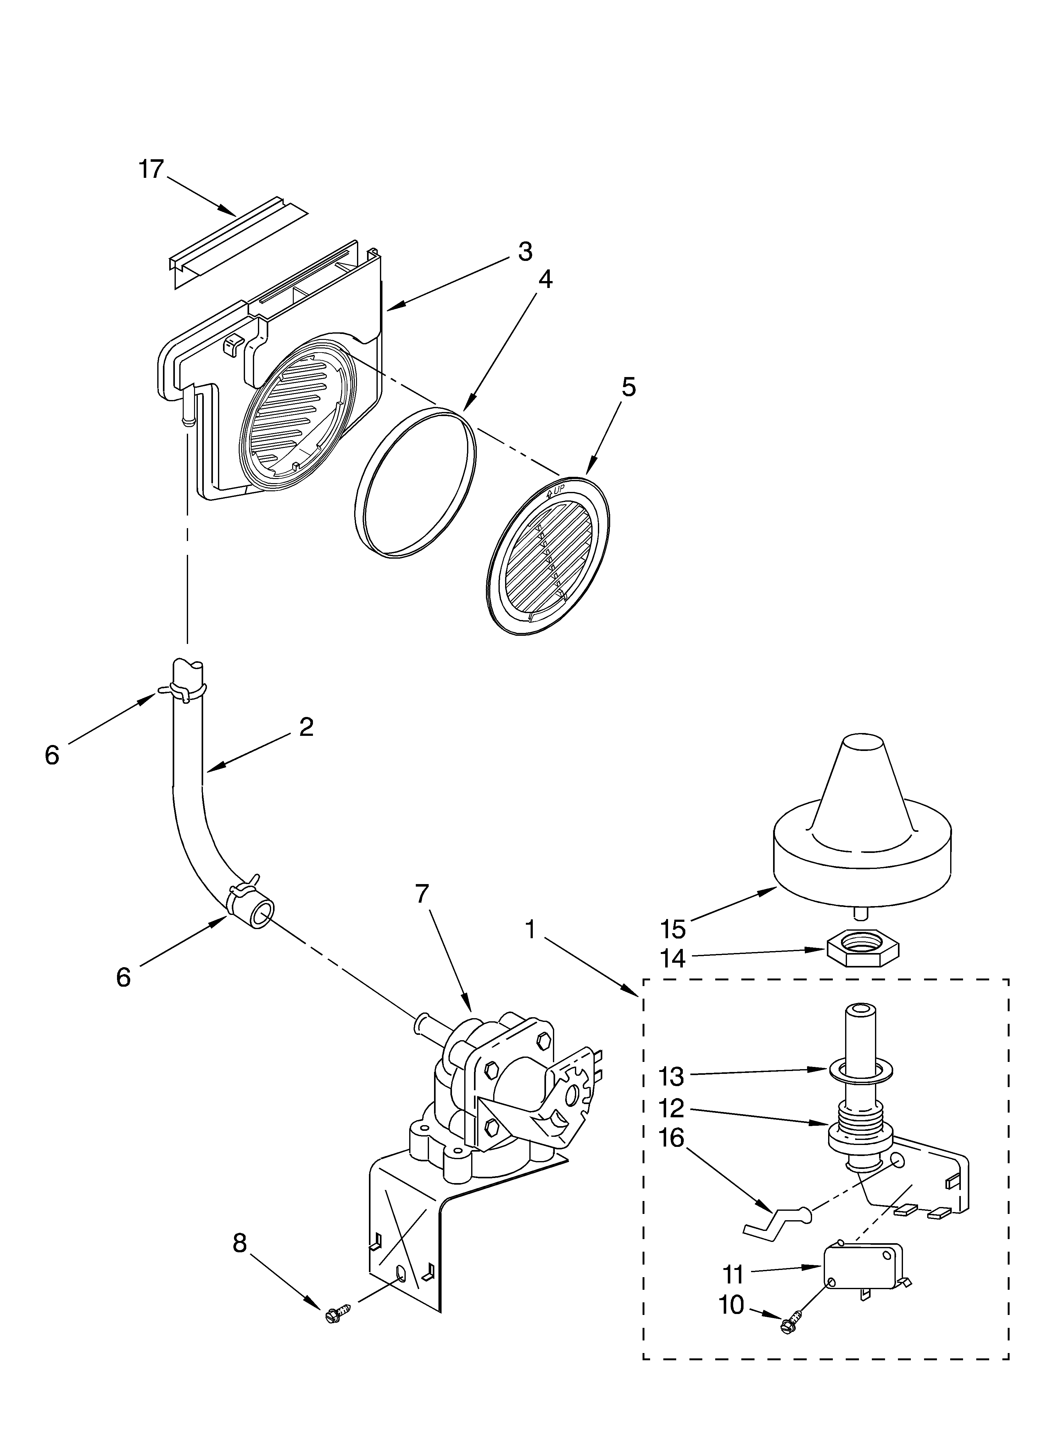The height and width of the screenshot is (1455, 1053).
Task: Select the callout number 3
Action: click(525, 252)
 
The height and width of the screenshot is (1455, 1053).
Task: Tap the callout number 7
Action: click(421, 894)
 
